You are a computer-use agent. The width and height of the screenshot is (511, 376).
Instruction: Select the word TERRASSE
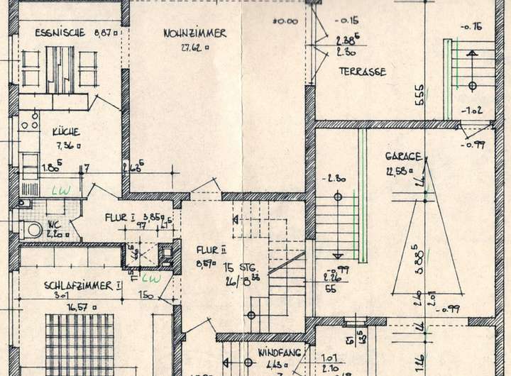(362, 72)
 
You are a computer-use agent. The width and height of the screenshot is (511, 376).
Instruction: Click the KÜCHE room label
(65, 132)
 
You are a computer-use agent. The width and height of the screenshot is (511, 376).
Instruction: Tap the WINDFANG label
(273, 352)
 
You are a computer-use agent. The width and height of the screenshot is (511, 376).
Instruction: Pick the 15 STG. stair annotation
(238, 267)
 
